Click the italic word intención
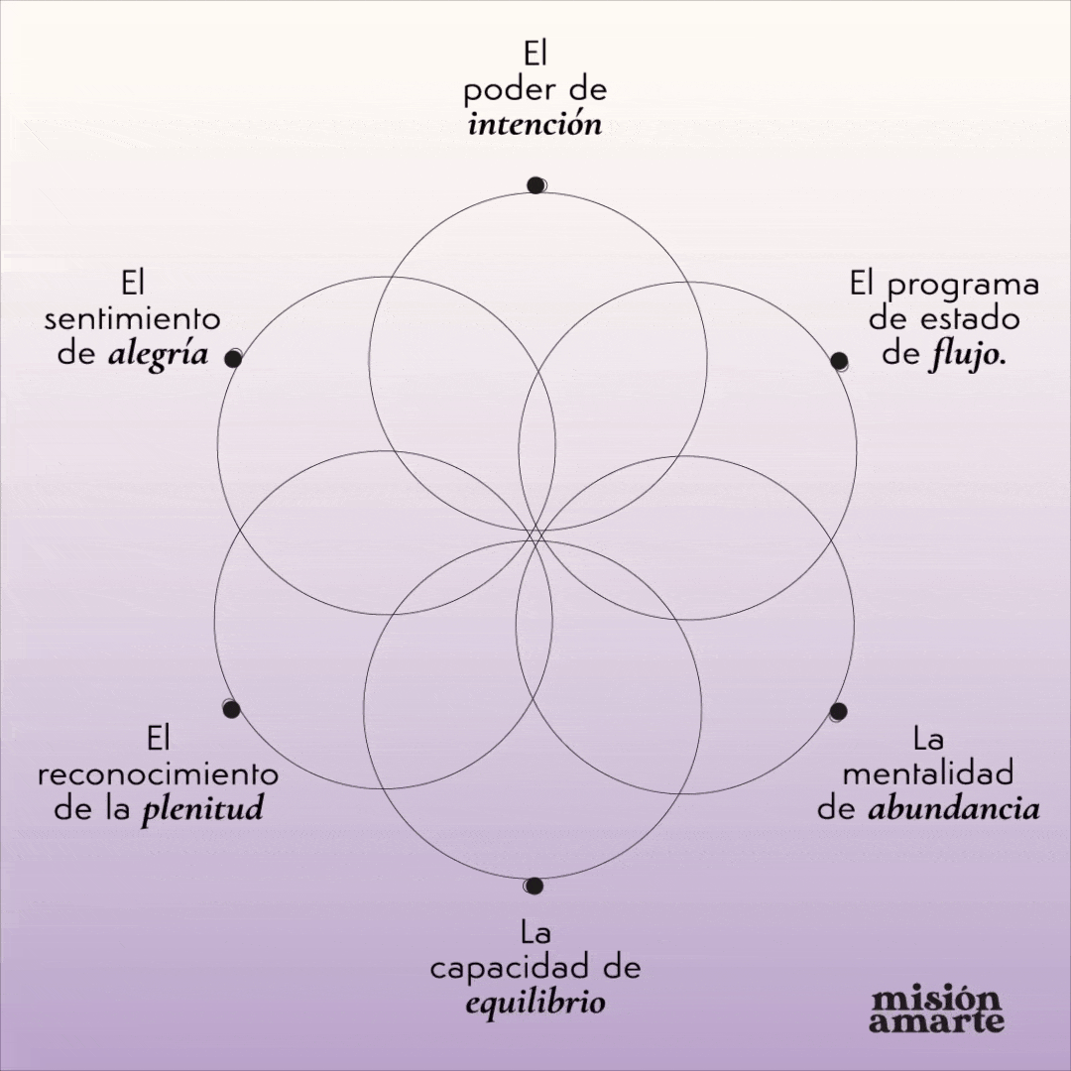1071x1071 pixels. pyautogui.click(x=535, y=126)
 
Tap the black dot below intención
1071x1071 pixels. pyautogui.click(x=535, y=184)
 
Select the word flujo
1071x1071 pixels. pyautogui.click(x=966, y=354)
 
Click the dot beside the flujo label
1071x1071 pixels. pyautogui.click(x=838, y=360)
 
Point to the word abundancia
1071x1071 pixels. pyautogui.click(x=954, y=809)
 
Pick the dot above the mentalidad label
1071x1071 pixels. pyautogui.click(x=838, y=711)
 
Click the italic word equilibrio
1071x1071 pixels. pyautogui.click(x=535, y=1002)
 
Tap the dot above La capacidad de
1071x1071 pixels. pyautogui.click(x=534, y=886)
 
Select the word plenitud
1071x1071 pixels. pyautogui.click(x=202, y=809)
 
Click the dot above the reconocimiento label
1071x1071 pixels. pyautogui.click(x=232, y=708)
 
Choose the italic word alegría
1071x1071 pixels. pyautogui.click(x=159, y=354)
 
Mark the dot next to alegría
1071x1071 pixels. pyautogui.click(x=233, y=359)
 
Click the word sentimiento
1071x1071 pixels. pyautogui.click(x=133, y=319)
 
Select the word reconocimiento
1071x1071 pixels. pyautogui.click(x=158, y=773)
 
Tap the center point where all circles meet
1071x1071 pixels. pyautogui.click(x=535, y=536)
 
